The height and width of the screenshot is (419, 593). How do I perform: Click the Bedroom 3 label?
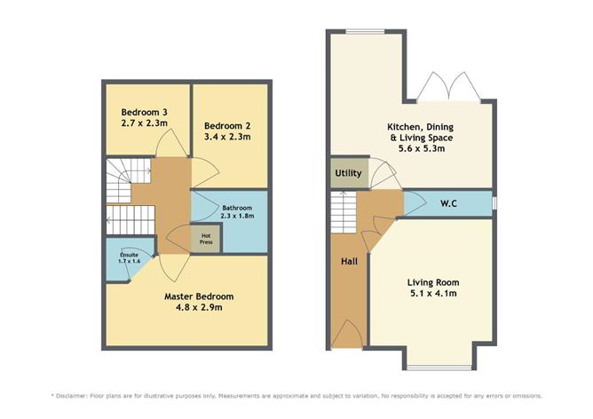click(144, 113)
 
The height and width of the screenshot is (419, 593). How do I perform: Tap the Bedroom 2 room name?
click(227, 125)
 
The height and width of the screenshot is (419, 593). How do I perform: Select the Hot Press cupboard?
click(205, 238)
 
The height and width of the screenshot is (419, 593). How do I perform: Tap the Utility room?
click(347, 173)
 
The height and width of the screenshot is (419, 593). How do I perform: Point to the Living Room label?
click(435, 282)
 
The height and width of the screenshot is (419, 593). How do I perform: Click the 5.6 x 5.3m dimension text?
click(420, 149)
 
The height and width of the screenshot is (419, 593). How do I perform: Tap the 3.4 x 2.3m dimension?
click(227, 137)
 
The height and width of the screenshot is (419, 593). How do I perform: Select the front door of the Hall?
click(348, 332)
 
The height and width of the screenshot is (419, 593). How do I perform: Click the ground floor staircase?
click(344, 213)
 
